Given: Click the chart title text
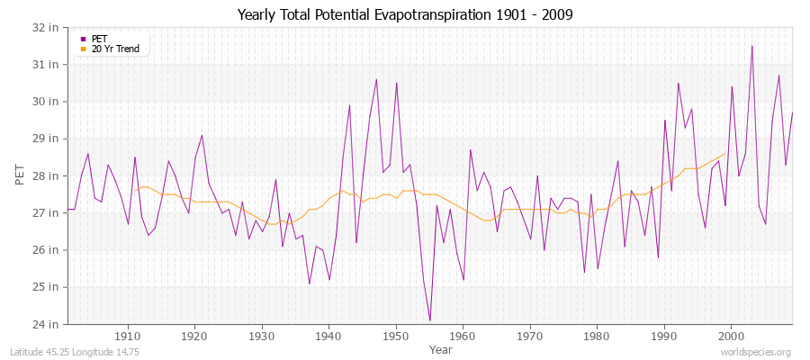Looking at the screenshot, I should pos(405,15).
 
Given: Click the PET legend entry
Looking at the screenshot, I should pos(99,39).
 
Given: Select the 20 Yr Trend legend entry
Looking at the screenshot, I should pos(114,49).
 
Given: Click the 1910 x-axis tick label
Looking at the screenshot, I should pos(128,337).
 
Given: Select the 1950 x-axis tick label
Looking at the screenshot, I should pos(396,337).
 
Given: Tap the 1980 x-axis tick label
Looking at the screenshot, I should pos(597,337).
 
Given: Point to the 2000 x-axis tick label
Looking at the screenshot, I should pos(731,337).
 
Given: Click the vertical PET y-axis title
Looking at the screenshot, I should pos(21,175).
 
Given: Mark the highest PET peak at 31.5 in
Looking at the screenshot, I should pos(751,46).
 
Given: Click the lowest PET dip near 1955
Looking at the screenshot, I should pos(430,320).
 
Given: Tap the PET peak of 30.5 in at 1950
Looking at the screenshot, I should pos(396,83).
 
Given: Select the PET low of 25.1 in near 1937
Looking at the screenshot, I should pos(310,283).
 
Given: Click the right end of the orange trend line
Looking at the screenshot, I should pos(724,153).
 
